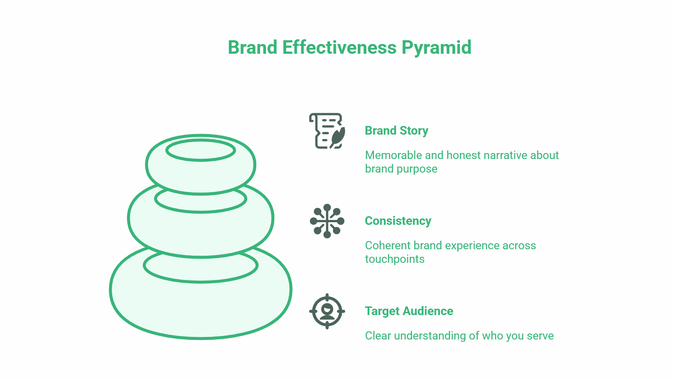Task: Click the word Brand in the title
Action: pos(253,48)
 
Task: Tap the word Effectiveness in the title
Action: pos(339,48)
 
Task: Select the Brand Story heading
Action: pos(396,130)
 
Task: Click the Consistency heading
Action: pos(398,221)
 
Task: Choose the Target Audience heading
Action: pos(409,311)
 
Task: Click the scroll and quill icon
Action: pos(326,131)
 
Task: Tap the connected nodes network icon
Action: pos(327,221)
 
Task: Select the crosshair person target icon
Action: pos(327,311)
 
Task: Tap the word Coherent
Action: pos(388,246)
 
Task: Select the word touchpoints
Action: pos(394,259)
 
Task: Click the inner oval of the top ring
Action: pos(201,150)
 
